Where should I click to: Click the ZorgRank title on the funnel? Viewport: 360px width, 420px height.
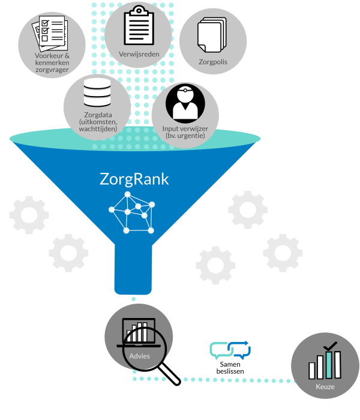134,179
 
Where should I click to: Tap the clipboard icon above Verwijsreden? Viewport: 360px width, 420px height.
139,25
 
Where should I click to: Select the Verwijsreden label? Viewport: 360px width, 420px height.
139,55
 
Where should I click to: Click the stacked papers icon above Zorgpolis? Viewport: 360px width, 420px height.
212,35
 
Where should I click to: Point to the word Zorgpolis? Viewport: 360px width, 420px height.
213,62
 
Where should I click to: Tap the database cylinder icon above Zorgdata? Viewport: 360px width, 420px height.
97,92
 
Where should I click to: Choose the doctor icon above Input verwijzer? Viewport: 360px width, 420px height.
185,103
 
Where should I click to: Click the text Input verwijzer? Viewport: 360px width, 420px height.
185,129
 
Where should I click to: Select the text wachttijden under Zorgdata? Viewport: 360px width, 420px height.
98,129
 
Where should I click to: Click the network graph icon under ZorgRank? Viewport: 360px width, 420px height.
132,212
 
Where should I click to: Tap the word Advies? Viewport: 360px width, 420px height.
140,356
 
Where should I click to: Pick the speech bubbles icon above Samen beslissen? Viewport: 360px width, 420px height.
230,350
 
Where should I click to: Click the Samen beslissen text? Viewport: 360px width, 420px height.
230,368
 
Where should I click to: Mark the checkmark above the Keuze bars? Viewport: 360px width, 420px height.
330,346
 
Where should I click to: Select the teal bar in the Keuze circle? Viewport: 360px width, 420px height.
329,365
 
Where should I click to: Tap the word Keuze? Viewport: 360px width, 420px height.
325,387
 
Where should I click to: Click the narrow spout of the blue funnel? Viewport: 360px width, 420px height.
133,269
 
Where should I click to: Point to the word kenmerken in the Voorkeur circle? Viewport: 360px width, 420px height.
52,63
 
